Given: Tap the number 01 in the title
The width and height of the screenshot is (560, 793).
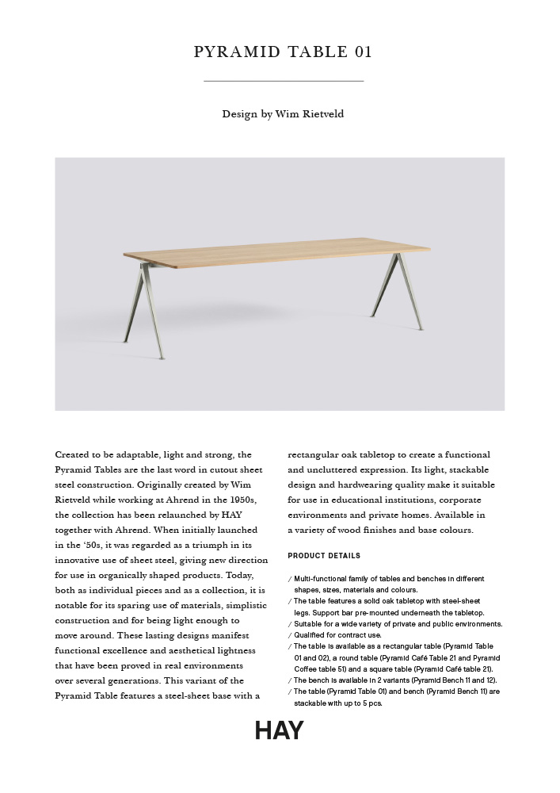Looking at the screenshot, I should click(x=362, y=53).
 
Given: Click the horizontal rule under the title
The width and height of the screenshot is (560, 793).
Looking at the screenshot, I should click(x=283, y=81).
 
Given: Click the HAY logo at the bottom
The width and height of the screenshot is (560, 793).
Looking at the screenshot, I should click(x=279, y=730).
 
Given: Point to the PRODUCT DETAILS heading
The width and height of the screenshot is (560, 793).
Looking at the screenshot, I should click(x=324, y=556).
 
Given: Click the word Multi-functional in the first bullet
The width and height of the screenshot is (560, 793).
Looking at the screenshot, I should click(x=321, y=579).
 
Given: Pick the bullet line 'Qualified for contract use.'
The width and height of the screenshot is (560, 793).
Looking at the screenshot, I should click(x=337, y=635).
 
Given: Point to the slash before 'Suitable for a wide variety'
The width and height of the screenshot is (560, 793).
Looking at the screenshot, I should click(x=290, y=624).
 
